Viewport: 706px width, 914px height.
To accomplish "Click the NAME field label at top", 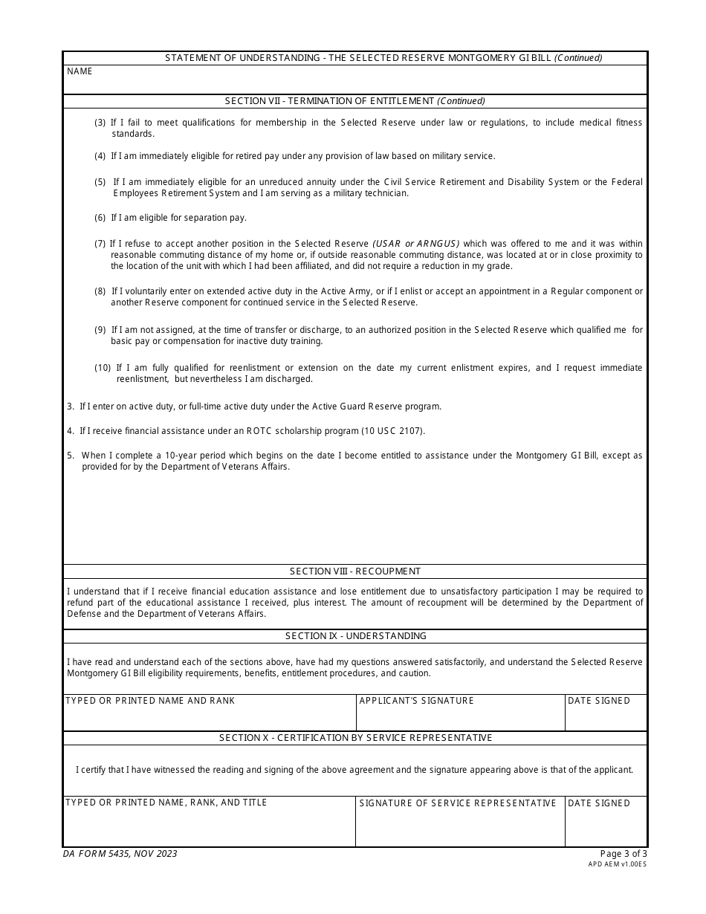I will coord(80,71).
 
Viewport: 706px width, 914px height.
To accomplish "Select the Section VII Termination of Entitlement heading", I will coord(354,101).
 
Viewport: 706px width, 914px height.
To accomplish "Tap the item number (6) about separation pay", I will coord(100,218).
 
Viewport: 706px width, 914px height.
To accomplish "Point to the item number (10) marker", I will coord(103,368).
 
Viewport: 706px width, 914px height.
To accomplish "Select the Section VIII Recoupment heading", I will coord(354,571).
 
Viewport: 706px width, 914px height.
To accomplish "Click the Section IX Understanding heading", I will coord(355,636).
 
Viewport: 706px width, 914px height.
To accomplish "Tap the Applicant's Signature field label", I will coord(416,701).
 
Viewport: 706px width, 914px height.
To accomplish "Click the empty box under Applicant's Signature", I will coord(460,718).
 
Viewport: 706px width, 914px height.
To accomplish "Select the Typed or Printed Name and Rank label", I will coord(150,701).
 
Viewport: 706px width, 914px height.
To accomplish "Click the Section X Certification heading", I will coord(355,738).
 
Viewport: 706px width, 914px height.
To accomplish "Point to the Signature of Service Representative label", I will coord(457,803).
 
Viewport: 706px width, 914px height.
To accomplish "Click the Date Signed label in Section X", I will coord(598,803).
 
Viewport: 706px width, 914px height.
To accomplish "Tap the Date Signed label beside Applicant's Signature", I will coord(598,701).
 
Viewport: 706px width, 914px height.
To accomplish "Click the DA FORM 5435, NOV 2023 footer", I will coord(120,854).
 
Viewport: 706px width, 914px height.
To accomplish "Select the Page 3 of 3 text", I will coord(623,854).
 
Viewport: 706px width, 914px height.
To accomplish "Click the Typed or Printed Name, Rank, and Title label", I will coord(166,803).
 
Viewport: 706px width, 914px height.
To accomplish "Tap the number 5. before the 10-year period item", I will coord(71,456).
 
